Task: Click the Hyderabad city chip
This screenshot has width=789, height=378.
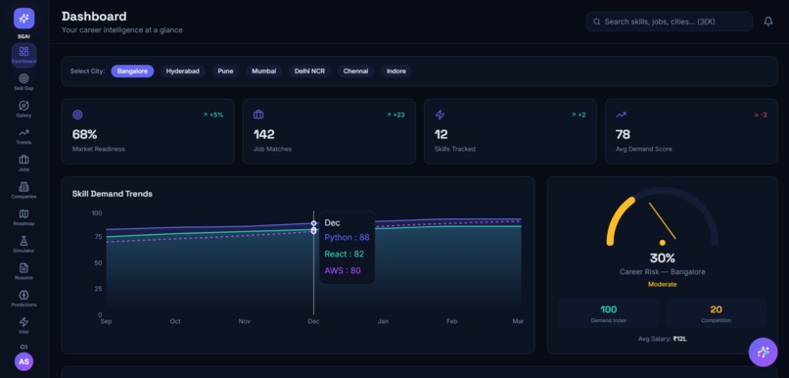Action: (x=182, y=71)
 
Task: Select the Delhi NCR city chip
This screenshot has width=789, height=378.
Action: (x=309, y=71)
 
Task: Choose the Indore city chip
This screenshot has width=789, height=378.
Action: (x=395, y=71)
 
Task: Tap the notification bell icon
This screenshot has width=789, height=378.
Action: (x=768, y=22)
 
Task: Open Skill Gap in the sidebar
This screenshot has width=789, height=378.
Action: (x=23, y=82)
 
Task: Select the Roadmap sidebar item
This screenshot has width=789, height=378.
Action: (x=23, y=217)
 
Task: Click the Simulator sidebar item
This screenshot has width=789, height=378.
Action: (x=23, y=244)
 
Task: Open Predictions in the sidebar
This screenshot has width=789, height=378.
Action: (x=23, y=299)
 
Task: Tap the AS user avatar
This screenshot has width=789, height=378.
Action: (x=23, y=361)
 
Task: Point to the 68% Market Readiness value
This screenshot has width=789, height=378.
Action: (x=84, y=134)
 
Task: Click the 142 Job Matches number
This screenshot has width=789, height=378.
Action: (x=264, y=134)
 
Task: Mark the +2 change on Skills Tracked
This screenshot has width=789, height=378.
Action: (x=580, y=115)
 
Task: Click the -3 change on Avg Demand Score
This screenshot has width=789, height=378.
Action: (x=761, y=115)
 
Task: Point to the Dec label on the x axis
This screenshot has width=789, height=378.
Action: (x=313, y=321)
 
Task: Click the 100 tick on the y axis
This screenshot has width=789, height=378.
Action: (x=97, y=213)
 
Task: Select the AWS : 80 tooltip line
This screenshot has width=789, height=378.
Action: (x=342, y=270)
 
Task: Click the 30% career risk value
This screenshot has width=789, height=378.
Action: (x=662, y=259)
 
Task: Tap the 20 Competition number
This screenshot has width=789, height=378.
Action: (x=716, y=309)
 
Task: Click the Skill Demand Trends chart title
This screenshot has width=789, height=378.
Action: (x=112, y=194)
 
